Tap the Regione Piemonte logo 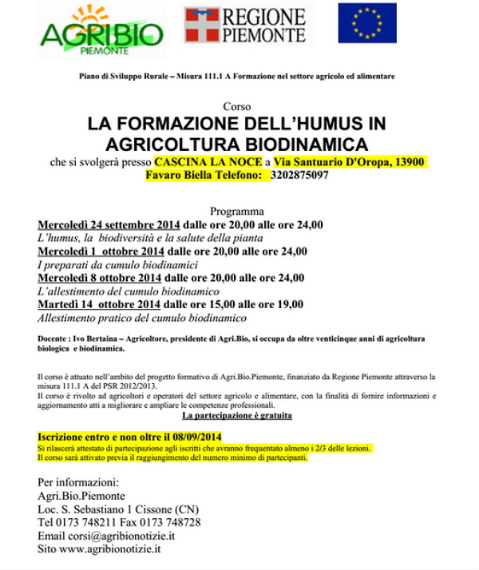click(x=245, y=25)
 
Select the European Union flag click(x=366, y=23)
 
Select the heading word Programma click(x=236, y=212)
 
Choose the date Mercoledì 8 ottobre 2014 click(x=100, y=278)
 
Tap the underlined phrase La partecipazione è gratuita click(x=236, y=416)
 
